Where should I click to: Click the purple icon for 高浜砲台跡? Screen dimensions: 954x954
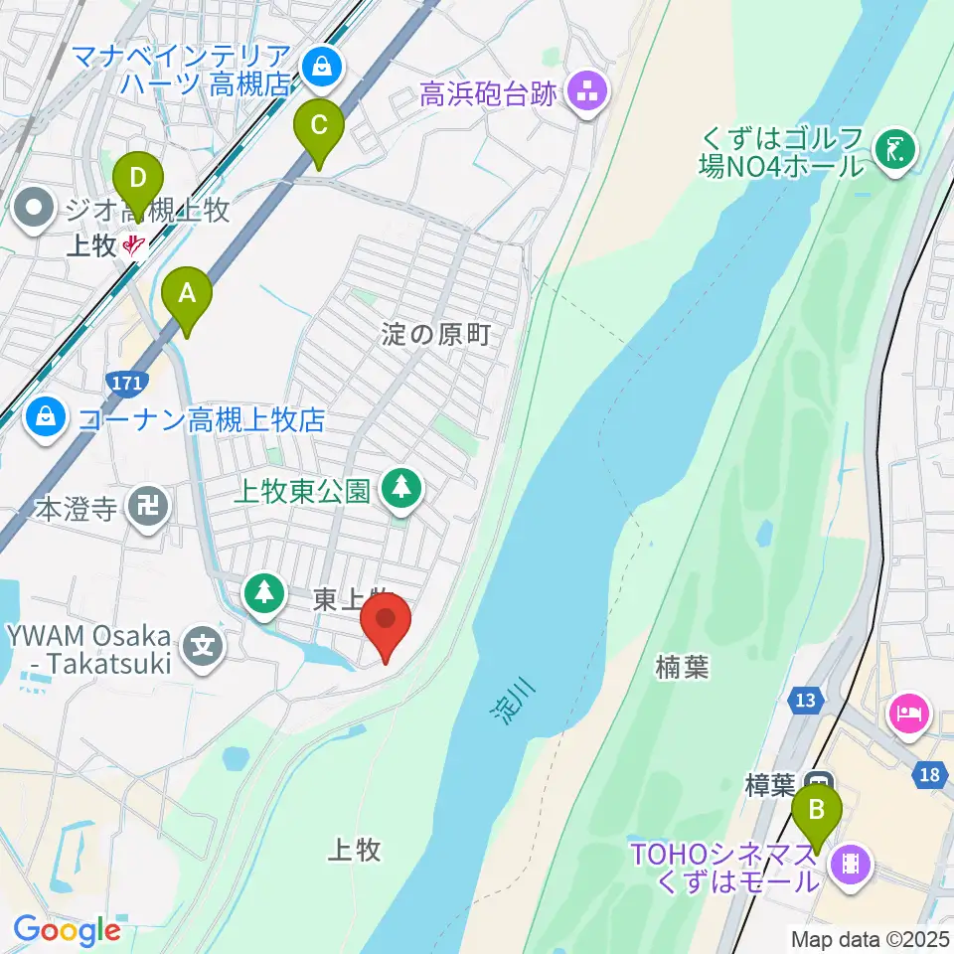586,94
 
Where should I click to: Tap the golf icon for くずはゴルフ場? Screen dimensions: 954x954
894,149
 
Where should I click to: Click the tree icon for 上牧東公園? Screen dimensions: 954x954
401,488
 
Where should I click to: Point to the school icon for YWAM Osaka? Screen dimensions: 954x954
204,647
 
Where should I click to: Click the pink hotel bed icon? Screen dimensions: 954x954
910,713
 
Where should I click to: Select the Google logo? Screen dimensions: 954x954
67,931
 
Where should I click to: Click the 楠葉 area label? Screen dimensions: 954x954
683,668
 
